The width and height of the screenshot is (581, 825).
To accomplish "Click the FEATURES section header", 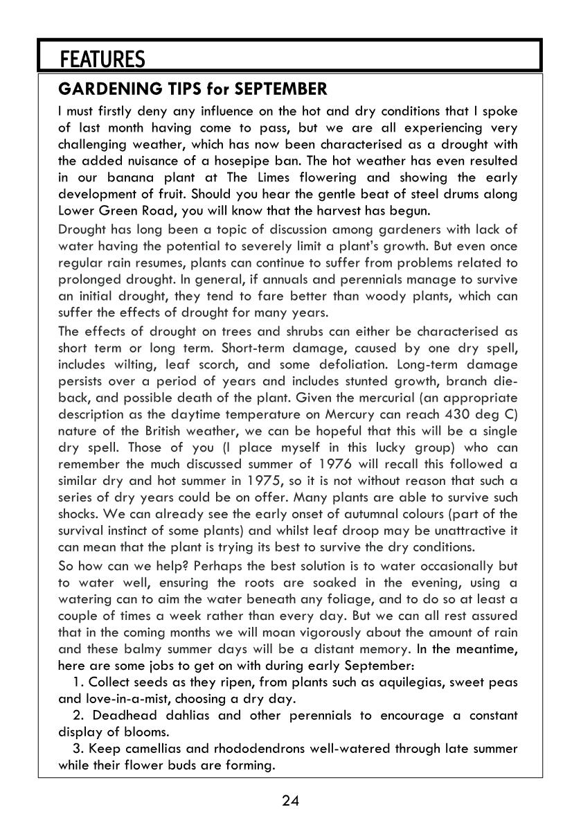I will tap(102, 60).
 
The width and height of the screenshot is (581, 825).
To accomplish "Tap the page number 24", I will tap(290, 801).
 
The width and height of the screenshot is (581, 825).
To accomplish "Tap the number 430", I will tap(456, 414).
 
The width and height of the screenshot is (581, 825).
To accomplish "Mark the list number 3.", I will tap(76, 749).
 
